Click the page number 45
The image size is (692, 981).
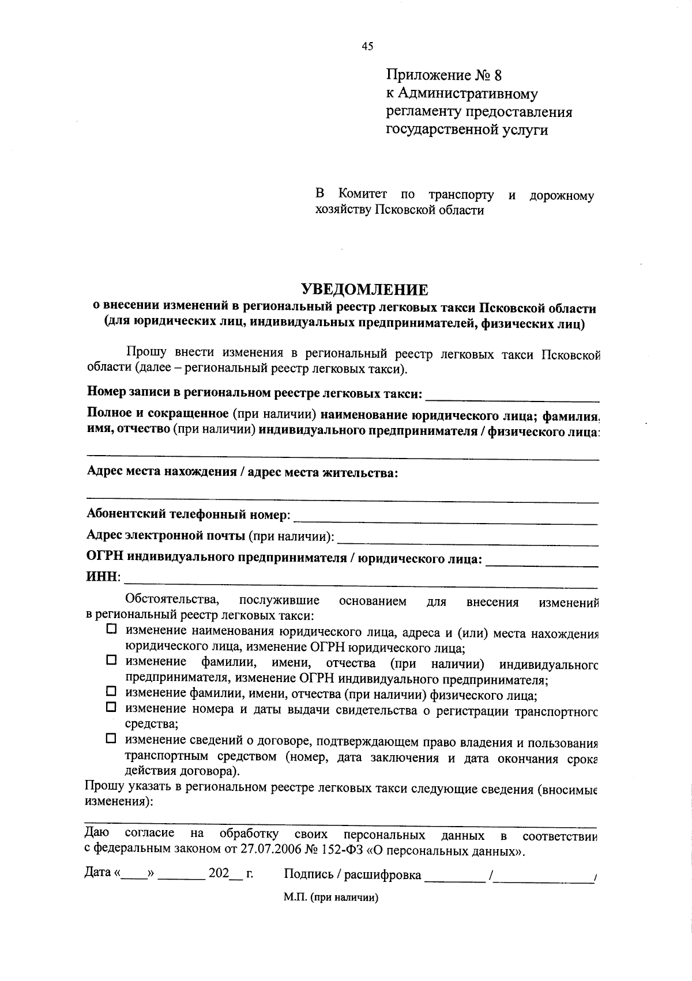(367, 47)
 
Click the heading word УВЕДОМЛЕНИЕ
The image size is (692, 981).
(366, 289)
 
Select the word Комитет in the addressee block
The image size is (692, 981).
(363, 195)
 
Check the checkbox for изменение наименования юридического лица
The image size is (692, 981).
(111, 630)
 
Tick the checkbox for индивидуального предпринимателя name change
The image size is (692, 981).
(111, 660)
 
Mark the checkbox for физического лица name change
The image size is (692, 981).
(111, 691)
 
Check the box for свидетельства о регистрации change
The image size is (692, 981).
(111, 706)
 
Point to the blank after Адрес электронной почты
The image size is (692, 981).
(467, 540)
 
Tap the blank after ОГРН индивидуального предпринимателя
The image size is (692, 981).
(542, 562)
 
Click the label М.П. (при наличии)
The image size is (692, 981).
(330, 898)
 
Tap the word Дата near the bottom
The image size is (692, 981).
(97, 873)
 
